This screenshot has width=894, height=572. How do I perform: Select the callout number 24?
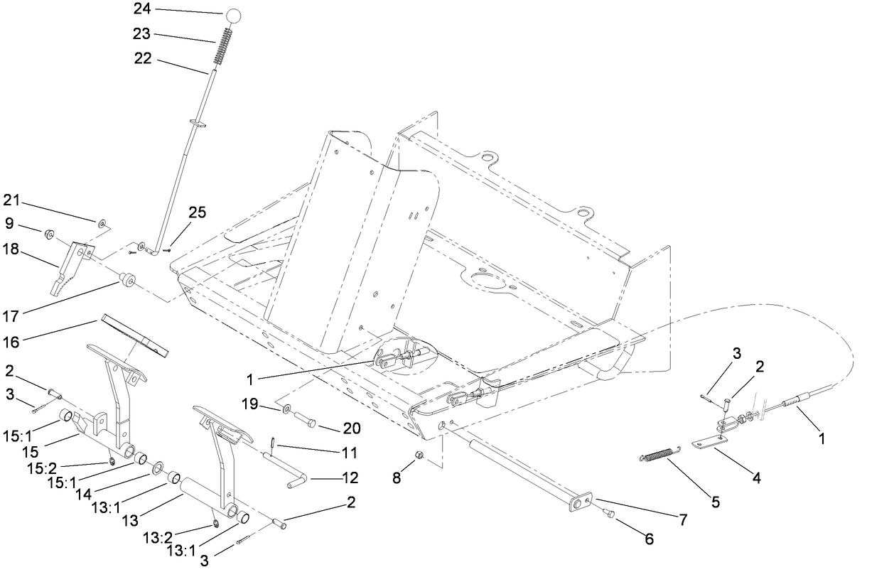click(x=143, y=10)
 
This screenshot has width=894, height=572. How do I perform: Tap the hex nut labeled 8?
click(x=420, y=455)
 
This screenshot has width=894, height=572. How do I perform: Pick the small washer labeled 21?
click(x=103, y=224)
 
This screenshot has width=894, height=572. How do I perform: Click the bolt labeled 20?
click(x=308, y=420)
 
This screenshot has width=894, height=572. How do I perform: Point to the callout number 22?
click(x=143, y=60)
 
